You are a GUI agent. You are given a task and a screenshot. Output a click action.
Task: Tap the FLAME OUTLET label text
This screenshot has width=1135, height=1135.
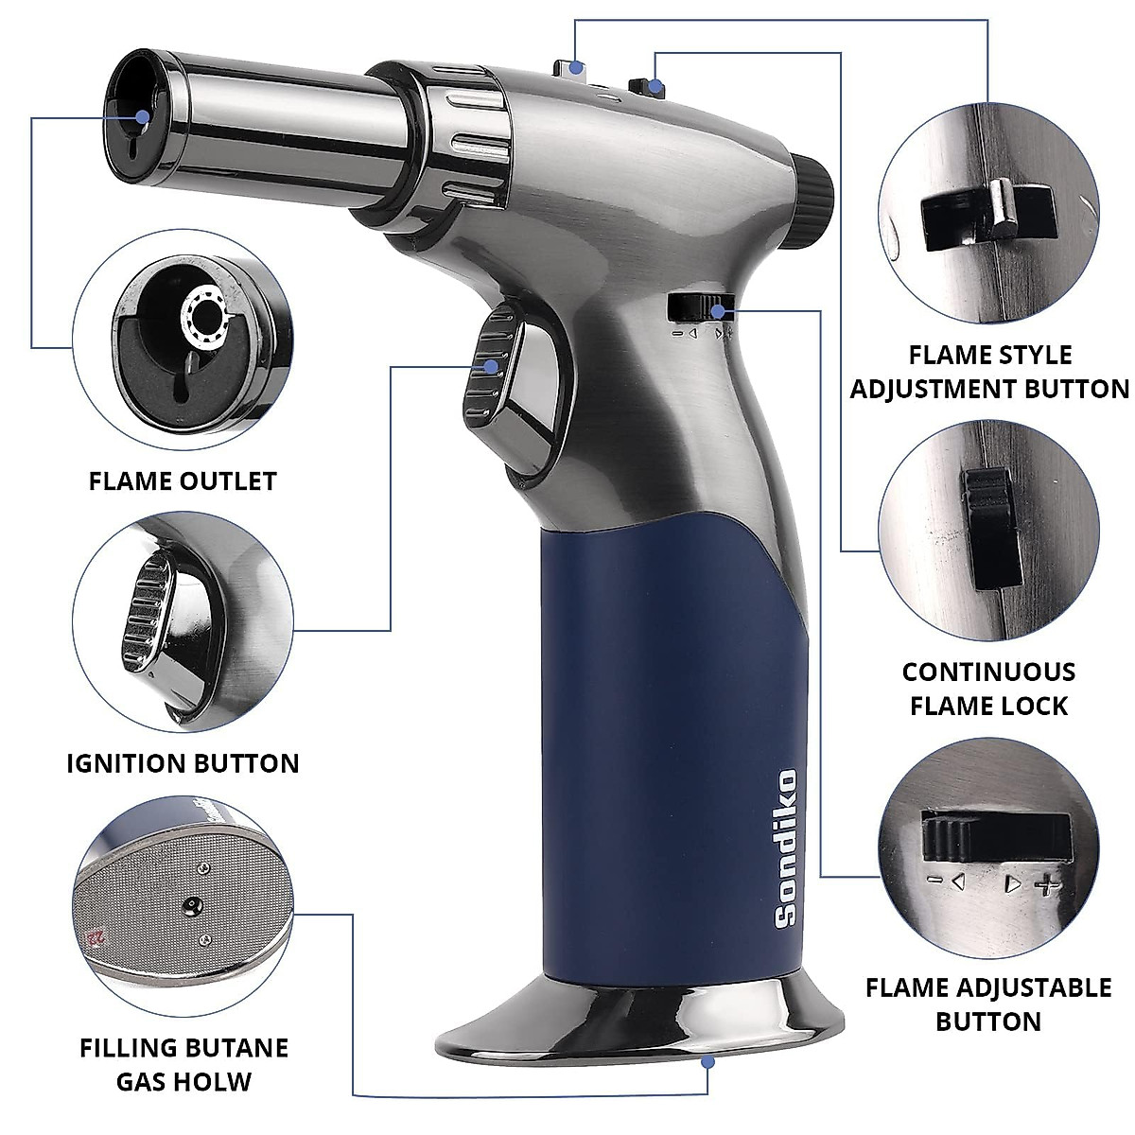[x=183, y=481]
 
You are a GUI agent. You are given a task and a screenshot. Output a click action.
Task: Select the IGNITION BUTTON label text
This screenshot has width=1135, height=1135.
[x=183, y=763]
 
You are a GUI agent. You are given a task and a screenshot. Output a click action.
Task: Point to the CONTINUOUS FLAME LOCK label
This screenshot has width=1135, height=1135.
[x=988, y=689]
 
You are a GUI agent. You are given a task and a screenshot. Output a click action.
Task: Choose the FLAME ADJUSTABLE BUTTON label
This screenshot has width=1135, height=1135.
[x=988, y=1004]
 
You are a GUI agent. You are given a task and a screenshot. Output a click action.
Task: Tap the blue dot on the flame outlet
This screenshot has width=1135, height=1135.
[x=142, y=117]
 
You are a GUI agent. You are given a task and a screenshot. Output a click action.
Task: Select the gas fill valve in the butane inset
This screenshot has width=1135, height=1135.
[x=192, y=905]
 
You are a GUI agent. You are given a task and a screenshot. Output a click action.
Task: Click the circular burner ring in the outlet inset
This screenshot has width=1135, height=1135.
[x=206, y=313]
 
